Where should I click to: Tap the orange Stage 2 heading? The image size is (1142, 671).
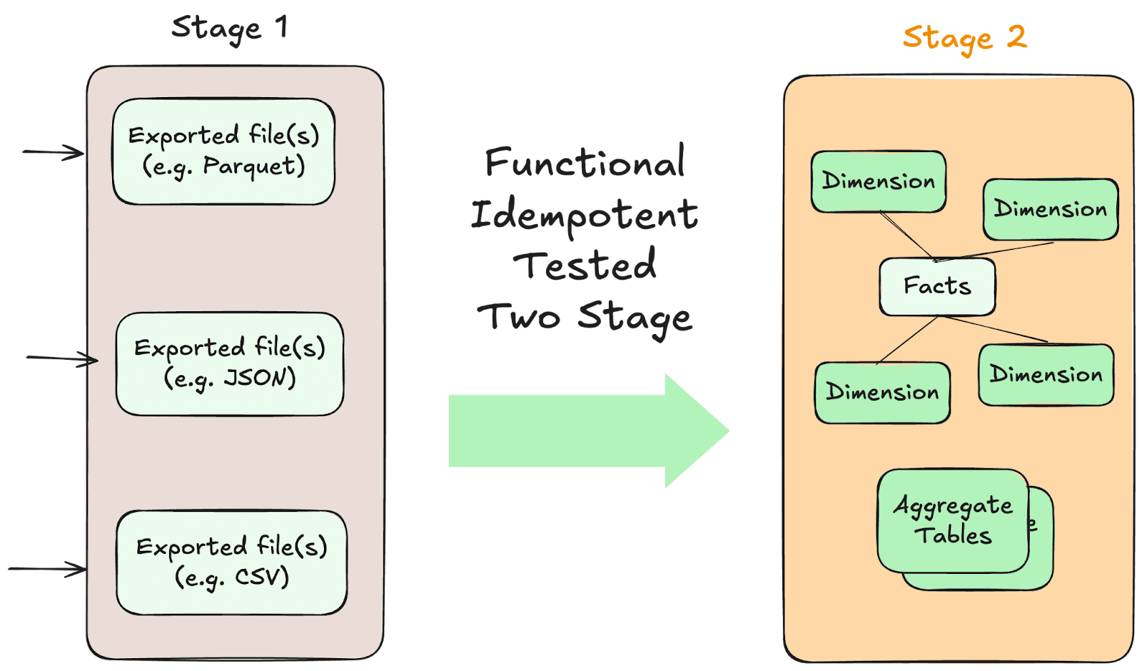[964, 38]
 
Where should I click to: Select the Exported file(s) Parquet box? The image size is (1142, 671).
[223, 151]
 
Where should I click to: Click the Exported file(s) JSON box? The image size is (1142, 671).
[229, 363]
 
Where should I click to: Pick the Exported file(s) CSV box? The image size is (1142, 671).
[231, 562]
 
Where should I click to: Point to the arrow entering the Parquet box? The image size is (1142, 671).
[53, 152]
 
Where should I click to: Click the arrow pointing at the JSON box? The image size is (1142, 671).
[61, 358]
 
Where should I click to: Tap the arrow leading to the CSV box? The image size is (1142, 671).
[47, 569]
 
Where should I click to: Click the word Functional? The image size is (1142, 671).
[585, 163]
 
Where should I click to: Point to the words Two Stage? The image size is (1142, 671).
[585, 317]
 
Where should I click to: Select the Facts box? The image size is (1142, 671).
[936, 286]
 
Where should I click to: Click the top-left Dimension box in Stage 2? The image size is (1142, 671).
[878, 181]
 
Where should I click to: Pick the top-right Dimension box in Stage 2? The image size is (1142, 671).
[1050, 209]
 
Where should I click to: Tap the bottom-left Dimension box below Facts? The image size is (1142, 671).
[882, 392]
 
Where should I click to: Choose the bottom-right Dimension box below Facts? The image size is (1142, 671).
[1046, 375]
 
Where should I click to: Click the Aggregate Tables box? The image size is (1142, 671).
[952, 520]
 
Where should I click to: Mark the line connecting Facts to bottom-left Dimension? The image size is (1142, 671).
[908, 340]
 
